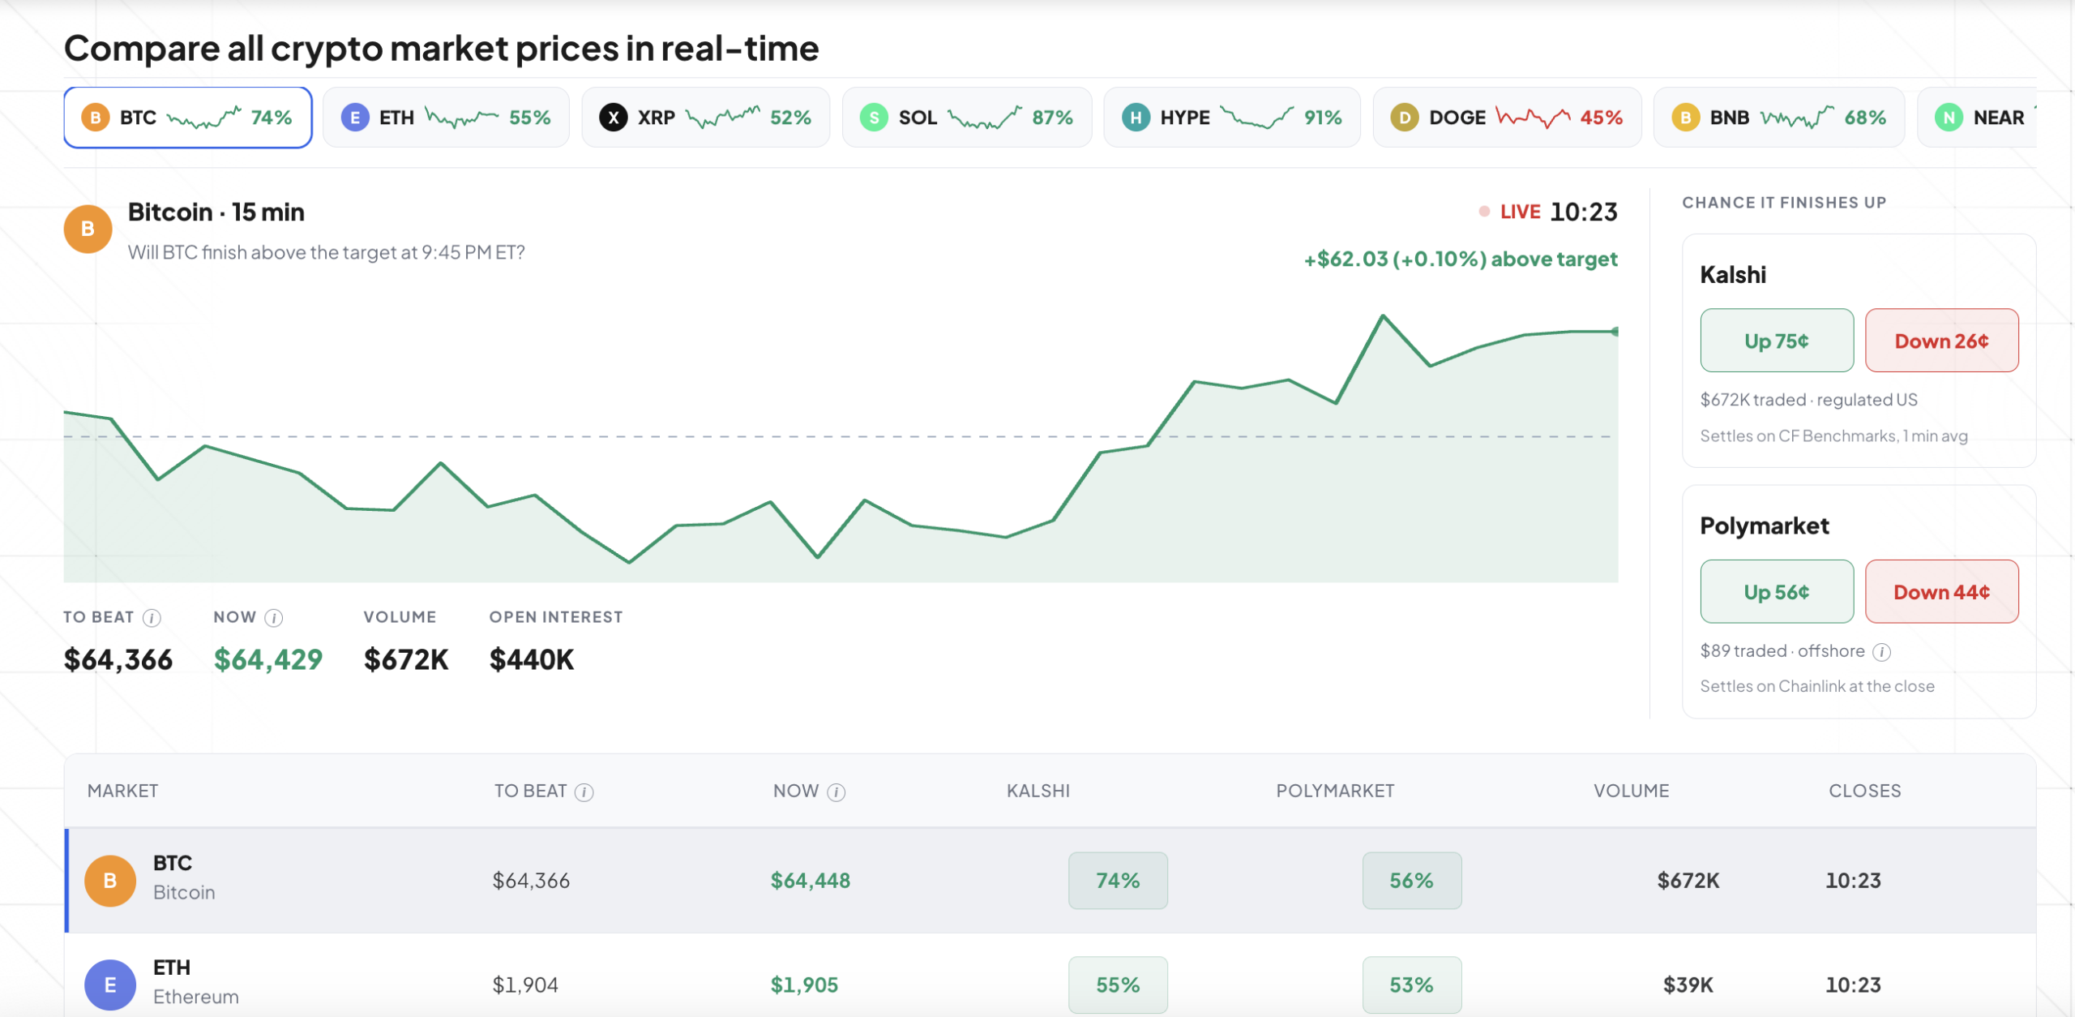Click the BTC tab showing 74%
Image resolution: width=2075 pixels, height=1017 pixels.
[188, 118]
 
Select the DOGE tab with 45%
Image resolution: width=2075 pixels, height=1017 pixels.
[1507, 118]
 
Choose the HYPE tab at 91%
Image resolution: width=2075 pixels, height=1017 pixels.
[1232, 118]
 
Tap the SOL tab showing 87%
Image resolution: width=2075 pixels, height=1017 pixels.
[967, 118]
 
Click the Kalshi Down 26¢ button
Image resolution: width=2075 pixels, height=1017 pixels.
[1941, 341]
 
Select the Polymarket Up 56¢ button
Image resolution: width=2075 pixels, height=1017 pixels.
[1777, 592]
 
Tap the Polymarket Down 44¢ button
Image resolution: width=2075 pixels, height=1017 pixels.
[1941, 592]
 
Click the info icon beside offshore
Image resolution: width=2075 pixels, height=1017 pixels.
[1882, 652]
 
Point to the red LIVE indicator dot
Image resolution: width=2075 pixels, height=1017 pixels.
[1484, 212]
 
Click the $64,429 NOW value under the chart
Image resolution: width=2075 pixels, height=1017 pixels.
[268, 659]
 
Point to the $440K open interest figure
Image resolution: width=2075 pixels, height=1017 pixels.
[532, 659]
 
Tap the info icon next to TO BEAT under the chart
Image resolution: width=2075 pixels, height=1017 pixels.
[152, 618]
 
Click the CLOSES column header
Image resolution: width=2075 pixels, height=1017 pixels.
[1864, 791]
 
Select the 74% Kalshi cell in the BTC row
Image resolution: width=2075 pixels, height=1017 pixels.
[1118, 881]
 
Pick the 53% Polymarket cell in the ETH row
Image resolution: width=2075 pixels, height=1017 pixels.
[1412, 985]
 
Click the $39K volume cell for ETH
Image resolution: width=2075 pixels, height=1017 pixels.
[1688, 985]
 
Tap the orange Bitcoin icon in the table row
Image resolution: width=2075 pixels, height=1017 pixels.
[110, 881]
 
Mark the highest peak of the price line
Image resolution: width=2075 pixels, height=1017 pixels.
[1383, 315]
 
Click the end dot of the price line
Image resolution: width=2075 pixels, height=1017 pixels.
[1615, 332]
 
